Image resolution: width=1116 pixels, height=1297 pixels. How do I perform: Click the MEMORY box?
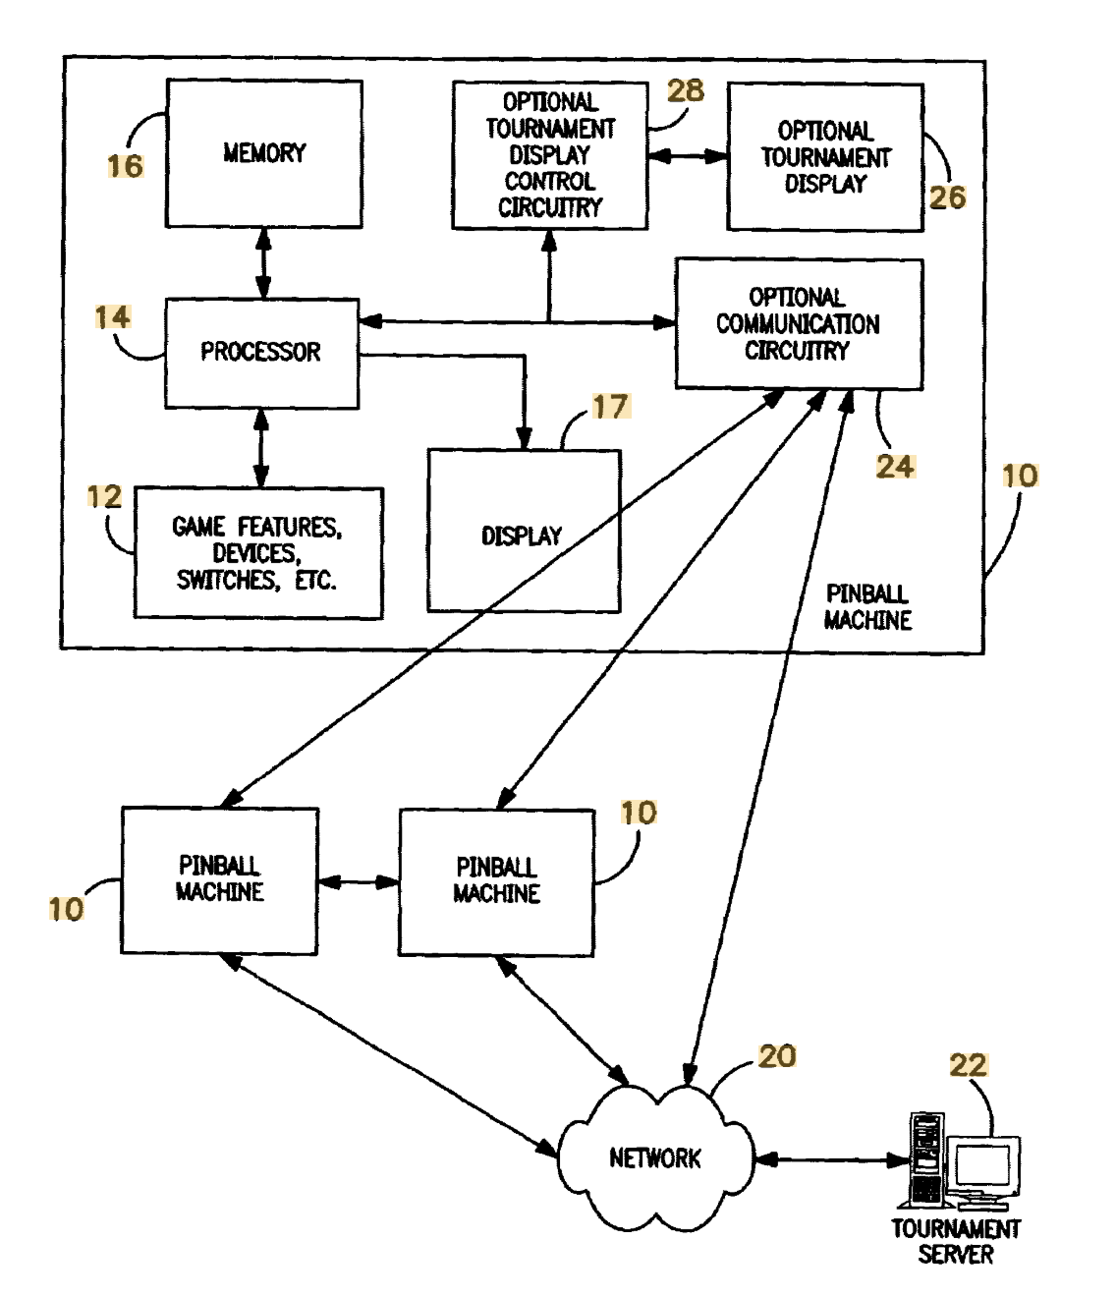pos(264,153)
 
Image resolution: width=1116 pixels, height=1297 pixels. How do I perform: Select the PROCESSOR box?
pos(261,353)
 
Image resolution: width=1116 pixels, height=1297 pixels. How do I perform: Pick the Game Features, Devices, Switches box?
pos(257,553)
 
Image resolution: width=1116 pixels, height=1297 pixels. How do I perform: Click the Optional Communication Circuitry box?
pos(799,324)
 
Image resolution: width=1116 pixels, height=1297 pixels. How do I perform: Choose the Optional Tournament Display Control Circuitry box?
pos(549,155)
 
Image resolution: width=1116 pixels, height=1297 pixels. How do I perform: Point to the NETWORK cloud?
pos(655,1157)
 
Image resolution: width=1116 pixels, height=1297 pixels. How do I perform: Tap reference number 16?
pos(125,166)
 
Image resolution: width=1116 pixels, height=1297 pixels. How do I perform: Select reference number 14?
pos(112,317)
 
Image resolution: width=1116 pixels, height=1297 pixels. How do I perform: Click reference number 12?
pos(104,496)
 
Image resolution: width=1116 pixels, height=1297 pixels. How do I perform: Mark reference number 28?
pos(686,90)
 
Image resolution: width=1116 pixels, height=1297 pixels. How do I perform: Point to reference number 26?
pos(947,197)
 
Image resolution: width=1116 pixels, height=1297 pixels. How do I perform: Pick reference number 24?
pos(895,466)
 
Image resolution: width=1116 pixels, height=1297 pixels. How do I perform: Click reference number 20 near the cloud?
pos(777,1056)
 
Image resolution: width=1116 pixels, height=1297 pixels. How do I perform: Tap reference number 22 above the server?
pos(968,1065)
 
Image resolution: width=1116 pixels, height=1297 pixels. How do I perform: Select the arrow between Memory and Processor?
pos(263,263)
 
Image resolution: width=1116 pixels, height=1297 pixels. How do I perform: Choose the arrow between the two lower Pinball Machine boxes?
pos(359,882)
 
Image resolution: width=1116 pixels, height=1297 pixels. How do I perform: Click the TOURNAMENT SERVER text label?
pos(955,1241)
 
